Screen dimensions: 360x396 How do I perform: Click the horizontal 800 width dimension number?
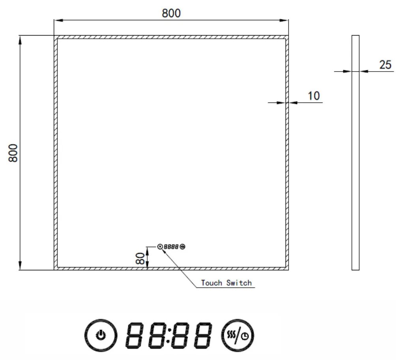(x=171, y=13)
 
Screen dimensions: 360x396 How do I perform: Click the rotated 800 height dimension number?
(x=13, y=153)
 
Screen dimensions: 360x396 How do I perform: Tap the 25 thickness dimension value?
(x=386, y=65)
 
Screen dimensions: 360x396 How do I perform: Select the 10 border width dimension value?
(x=314, y=96)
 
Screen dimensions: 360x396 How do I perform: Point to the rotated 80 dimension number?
(x=139, y=258)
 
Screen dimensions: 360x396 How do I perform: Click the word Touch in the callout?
(x=212, y=283)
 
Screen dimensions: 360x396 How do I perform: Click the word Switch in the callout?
(x=239, y=283)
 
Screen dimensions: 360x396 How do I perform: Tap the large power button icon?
(x=101, y=335)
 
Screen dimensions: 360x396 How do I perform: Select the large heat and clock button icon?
(x=238, y=335)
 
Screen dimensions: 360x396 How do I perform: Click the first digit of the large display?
(x=135, y=335)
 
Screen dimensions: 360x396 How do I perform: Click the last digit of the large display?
(x=201, y=335)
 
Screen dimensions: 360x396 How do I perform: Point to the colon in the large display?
(x=169, y=335)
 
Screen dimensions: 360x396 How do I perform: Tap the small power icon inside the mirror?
(x=160, y=247)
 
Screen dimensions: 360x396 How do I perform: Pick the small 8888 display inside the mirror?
(x=171, y=247)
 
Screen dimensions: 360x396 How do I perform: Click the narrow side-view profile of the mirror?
(x=355, y=153)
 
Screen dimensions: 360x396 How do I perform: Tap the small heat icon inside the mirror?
(x=182, y=247)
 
